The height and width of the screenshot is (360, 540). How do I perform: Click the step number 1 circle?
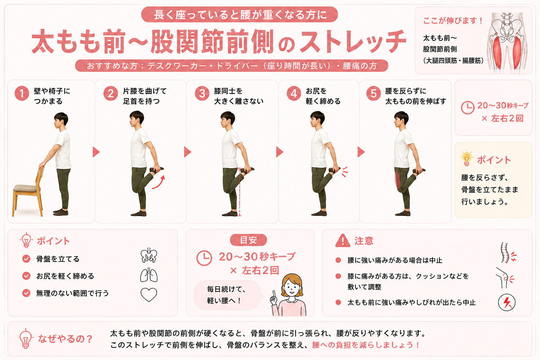(22, 93)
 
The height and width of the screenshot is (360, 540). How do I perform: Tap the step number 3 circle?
(202, 93)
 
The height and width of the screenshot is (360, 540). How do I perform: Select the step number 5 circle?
(373, 93)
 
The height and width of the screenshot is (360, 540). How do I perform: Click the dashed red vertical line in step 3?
(239, 192)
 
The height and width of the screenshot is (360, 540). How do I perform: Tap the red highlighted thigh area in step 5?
(398, 180)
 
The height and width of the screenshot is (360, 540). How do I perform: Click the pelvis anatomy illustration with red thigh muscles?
(506, 41)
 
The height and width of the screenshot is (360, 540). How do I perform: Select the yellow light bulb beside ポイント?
(467, 158)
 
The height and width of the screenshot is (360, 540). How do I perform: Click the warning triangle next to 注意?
(342, 240)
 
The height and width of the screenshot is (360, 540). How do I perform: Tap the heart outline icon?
(149, 295)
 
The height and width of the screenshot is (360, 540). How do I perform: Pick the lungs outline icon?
(149, 275)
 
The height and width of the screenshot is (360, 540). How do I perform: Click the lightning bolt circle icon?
(507, 302)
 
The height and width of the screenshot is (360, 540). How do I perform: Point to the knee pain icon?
(505, 278)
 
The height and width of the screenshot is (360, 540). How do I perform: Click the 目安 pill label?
(248, 240)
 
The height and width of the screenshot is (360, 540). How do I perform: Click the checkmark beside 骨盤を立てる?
(26, 259)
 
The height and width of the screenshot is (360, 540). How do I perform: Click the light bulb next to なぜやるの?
(26, 339)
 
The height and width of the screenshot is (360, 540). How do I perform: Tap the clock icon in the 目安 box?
(204, 258)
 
